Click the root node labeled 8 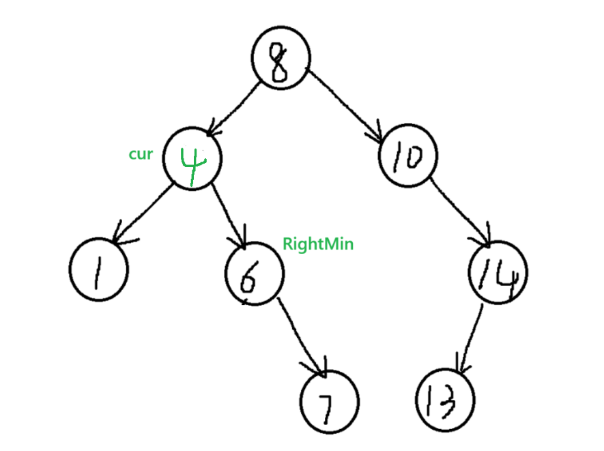(x=281, y=58)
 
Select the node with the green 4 (x=192, y=158)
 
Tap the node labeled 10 (x=408, y=155)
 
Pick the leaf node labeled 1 (x=98, y=270)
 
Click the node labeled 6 (x=255, y=274)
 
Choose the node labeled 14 (x=498, y=272)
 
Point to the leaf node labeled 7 (x=330, y=402)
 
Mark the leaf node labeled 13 (x=445, y=400)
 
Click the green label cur (x=141, y=154)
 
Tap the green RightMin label (x=318, y=244)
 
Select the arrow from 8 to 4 (x=233, y=109)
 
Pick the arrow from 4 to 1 (x=142, y=214)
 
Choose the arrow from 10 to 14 (x=459, y=212)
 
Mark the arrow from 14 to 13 (x=469, y=339)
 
